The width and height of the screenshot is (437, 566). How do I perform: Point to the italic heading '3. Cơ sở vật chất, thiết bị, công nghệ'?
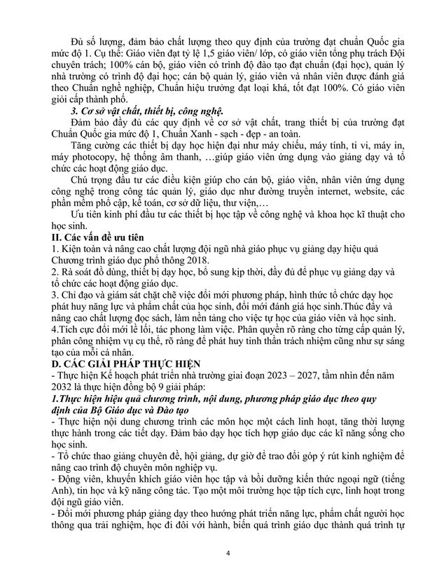point(146,111)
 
